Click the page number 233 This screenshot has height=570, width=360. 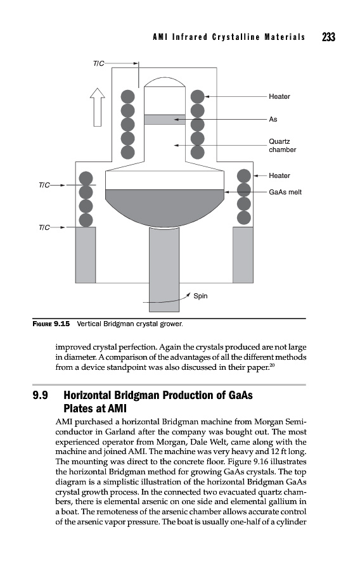click(x=328, y=37)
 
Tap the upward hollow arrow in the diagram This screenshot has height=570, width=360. click(x=98, y=107)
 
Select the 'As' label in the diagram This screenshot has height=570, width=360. click(x=273, y=119)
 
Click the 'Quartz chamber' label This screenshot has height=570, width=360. click(x=282, y=146)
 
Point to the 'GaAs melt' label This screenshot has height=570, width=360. click(x=285, y=192)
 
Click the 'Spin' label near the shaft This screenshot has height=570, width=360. click(x=200, y=296)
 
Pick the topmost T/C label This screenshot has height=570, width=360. click(x=98, y=63)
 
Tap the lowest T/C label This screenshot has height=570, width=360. click(x=44, y=227)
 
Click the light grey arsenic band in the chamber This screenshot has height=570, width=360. click(x=165, y=120)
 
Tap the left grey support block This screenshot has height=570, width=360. click(x=86, y=255)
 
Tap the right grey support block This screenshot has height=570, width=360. click(x=243, y=255)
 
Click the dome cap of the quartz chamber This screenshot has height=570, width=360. click(x=165, y=82)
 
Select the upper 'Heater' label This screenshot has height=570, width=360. click(x=280, y=97)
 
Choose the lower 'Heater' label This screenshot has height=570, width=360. click(x=280, y=175)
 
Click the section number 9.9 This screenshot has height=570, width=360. click(x=40, y=395)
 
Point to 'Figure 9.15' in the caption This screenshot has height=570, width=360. click(x=51, y=324)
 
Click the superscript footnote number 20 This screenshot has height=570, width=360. click(x=272, y=365)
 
